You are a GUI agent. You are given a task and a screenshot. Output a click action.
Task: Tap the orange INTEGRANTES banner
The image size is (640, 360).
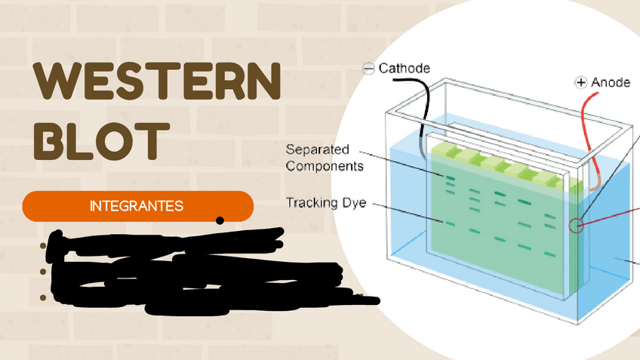[x=137, y=206]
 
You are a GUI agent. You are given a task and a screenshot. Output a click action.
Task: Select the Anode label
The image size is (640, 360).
[x=611, y=82]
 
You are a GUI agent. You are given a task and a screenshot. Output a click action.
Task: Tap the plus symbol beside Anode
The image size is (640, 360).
[x=581, y=82]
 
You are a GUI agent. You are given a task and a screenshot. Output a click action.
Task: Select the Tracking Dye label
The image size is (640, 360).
[x=326, y=202]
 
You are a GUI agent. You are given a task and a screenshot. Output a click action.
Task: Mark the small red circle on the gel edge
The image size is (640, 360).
[x=577, y=224]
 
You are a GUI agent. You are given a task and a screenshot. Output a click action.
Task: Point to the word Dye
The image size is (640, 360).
[x=353, y=202]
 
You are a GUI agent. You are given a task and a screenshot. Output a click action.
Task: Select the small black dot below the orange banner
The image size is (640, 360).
[x=220, y=221]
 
